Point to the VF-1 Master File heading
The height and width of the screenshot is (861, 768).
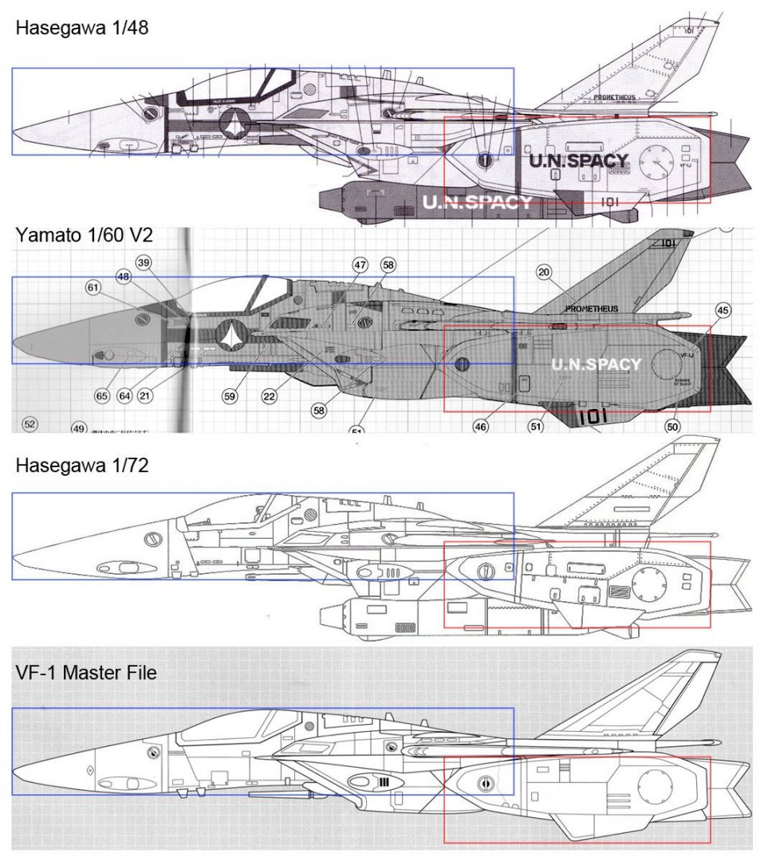pos(85,673)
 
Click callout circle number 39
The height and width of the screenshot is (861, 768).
pos(144,263)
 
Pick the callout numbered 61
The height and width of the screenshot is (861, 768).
pos(94,286)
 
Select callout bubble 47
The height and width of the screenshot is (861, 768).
pos(360,265)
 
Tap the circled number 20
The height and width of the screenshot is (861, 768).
pos(544,273)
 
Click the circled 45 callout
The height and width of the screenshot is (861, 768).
pos(723,311)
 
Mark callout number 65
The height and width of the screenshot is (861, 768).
pos(102,395)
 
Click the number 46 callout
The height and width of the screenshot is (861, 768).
pos(481,427)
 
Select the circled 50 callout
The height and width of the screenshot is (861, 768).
pos(672,427)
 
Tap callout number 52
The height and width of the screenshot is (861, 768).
pos(30,424)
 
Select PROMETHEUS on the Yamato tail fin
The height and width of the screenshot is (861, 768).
pos(591,309)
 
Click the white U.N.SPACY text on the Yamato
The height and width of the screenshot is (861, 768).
pos(596,365)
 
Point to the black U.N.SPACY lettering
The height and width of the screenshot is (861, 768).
pos(578,160)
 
